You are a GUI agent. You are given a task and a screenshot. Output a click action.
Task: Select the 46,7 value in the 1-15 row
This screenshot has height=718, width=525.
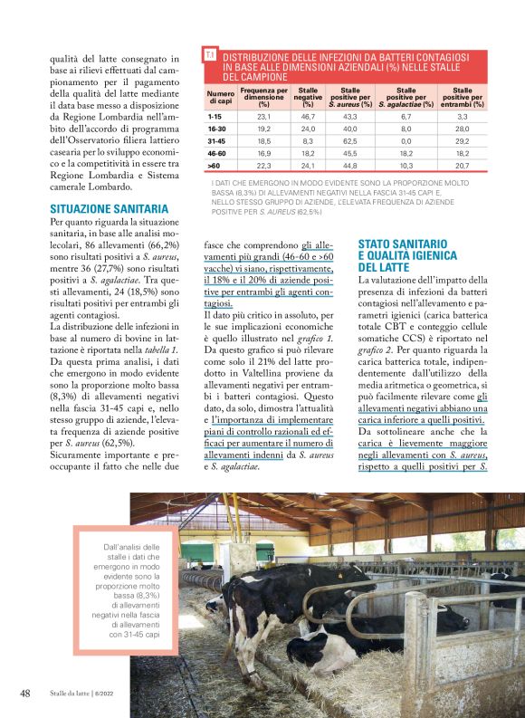coord(308,117)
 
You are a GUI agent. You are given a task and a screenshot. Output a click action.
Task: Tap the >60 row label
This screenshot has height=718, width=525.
coord(214,167)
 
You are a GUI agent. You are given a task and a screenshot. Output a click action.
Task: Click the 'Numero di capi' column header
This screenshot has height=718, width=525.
coord(221,98)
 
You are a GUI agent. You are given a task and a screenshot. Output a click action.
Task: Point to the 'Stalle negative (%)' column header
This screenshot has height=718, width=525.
coord(308,98)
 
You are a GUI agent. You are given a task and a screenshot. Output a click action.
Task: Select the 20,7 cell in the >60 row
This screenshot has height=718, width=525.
coord(462,167)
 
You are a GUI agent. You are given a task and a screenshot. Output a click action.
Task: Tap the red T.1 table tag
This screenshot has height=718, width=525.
coord(210,56)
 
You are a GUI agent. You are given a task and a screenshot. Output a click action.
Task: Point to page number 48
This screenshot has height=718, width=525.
coord(26,693)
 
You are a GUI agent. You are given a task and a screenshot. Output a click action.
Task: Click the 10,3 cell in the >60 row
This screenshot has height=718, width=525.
coord(406,167)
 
